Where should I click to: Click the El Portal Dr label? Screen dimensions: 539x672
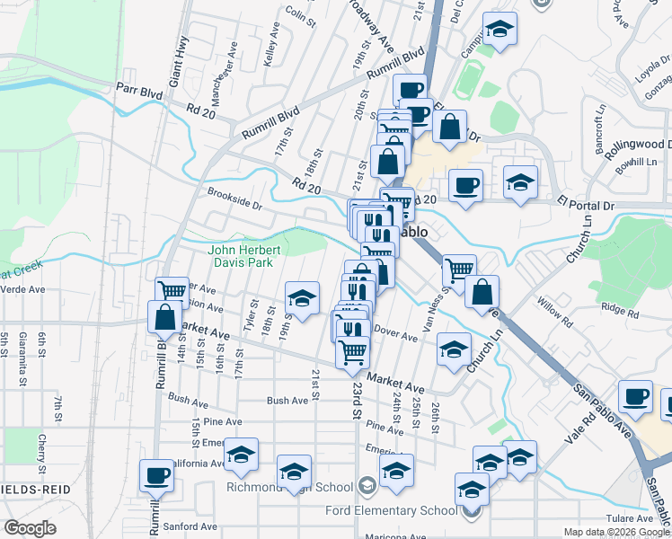(585, 204)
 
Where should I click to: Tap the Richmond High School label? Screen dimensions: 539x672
(304, 488)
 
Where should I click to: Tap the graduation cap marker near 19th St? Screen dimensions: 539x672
(303, 298)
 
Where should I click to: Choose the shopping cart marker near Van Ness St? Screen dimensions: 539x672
(460, 269)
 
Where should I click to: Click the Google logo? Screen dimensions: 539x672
(31, 528)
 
